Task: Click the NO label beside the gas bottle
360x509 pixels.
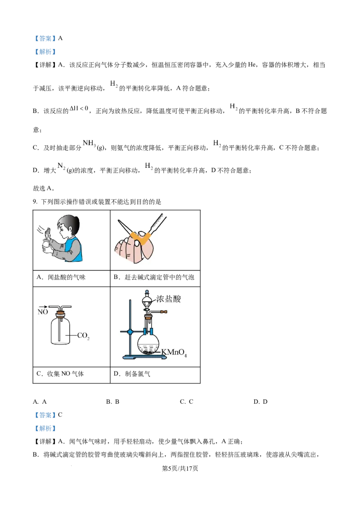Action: tap(43, 311)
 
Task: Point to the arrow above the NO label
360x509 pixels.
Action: tap(43, 306)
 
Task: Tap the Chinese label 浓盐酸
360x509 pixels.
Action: tap(169, 299)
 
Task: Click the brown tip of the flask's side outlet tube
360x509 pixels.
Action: tap(166, 311)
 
